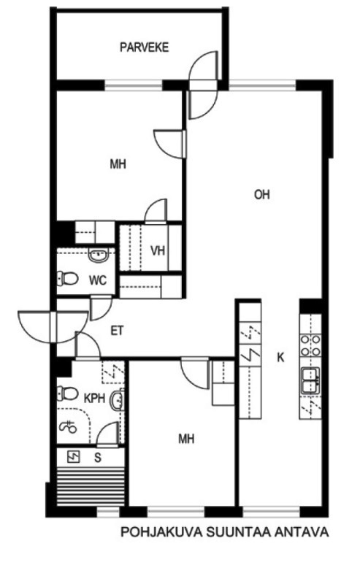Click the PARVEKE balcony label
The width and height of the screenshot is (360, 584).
[145, 47]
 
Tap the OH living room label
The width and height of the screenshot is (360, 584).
[261, 194]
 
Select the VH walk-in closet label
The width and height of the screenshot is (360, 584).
[158, 250]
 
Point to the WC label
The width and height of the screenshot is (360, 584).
[98, 280]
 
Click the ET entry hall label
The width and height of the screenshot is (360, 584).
[117, 331]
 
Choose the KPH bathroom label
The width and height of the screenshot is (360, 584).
[95, 398]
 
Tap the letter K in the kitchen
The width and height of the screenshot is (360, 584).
[280, 358]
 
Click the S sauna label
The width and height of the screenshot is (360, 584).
[98, 458]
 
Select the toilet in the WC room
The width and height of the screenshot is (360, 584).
[67, 278]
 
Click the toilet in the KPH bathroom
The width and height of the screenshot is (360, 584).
[67, 393]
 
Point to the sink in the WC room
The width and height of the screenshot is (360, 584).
[98, 255]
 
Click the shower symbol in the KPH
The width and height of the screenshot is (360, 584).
[68, 426]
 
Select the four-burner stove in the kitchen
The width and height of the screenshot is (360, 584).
[310, 345]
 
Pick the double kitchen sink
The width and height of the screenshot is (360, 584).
[310, 380]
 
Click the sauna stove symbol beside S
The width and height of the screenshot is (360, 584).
[74, 456]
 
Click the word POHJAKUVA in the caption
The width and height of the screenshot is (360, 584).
[162, 532]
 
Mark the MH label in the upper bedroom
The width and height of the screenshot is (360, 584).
[118, 164]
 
